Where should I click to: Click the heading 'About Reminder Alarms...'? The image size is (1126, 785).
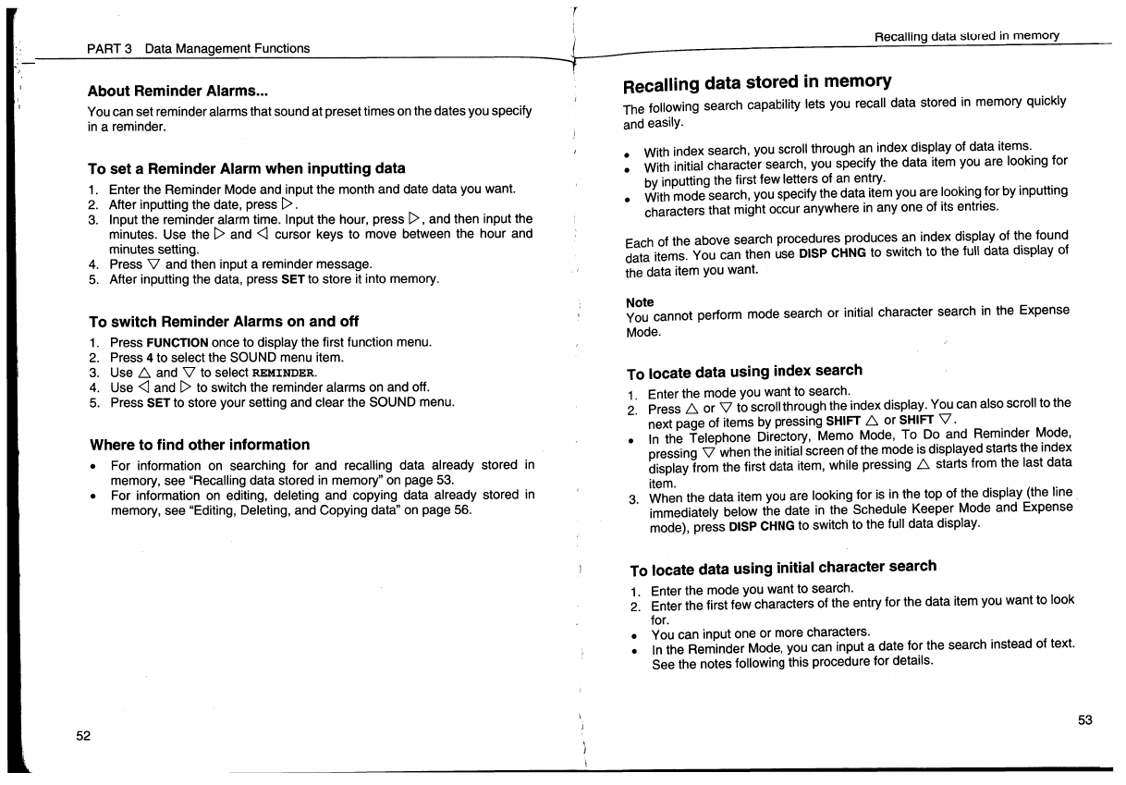(177, 92)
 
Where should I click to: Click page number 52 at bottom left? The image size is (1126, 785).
(83, 735)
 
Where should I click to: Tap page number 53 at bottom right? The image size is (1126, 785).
(1085, 720)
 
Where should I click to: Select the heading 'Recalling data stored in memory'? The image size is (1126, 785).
(757, 84)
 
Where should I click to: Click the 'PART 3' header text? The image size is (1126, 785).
(111, 48)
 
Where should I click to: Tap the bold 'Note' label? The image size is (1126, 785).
(640, 302)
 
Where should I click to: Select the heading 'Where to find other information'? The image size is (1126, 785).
(199, 445)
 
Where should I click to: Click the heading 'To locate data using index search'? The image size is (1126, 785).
(744, 372)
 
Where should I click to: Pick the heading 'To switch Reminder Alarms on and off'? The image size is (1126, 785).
(223, 322)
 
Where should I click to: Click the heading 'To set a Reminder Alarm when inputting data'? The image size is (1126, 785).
(246, 168)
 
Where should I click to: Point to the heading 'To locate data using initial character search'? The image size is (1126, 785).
(782, 568)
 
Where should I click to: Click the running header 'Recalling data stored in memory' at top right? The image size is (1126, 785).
(966, 35)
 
